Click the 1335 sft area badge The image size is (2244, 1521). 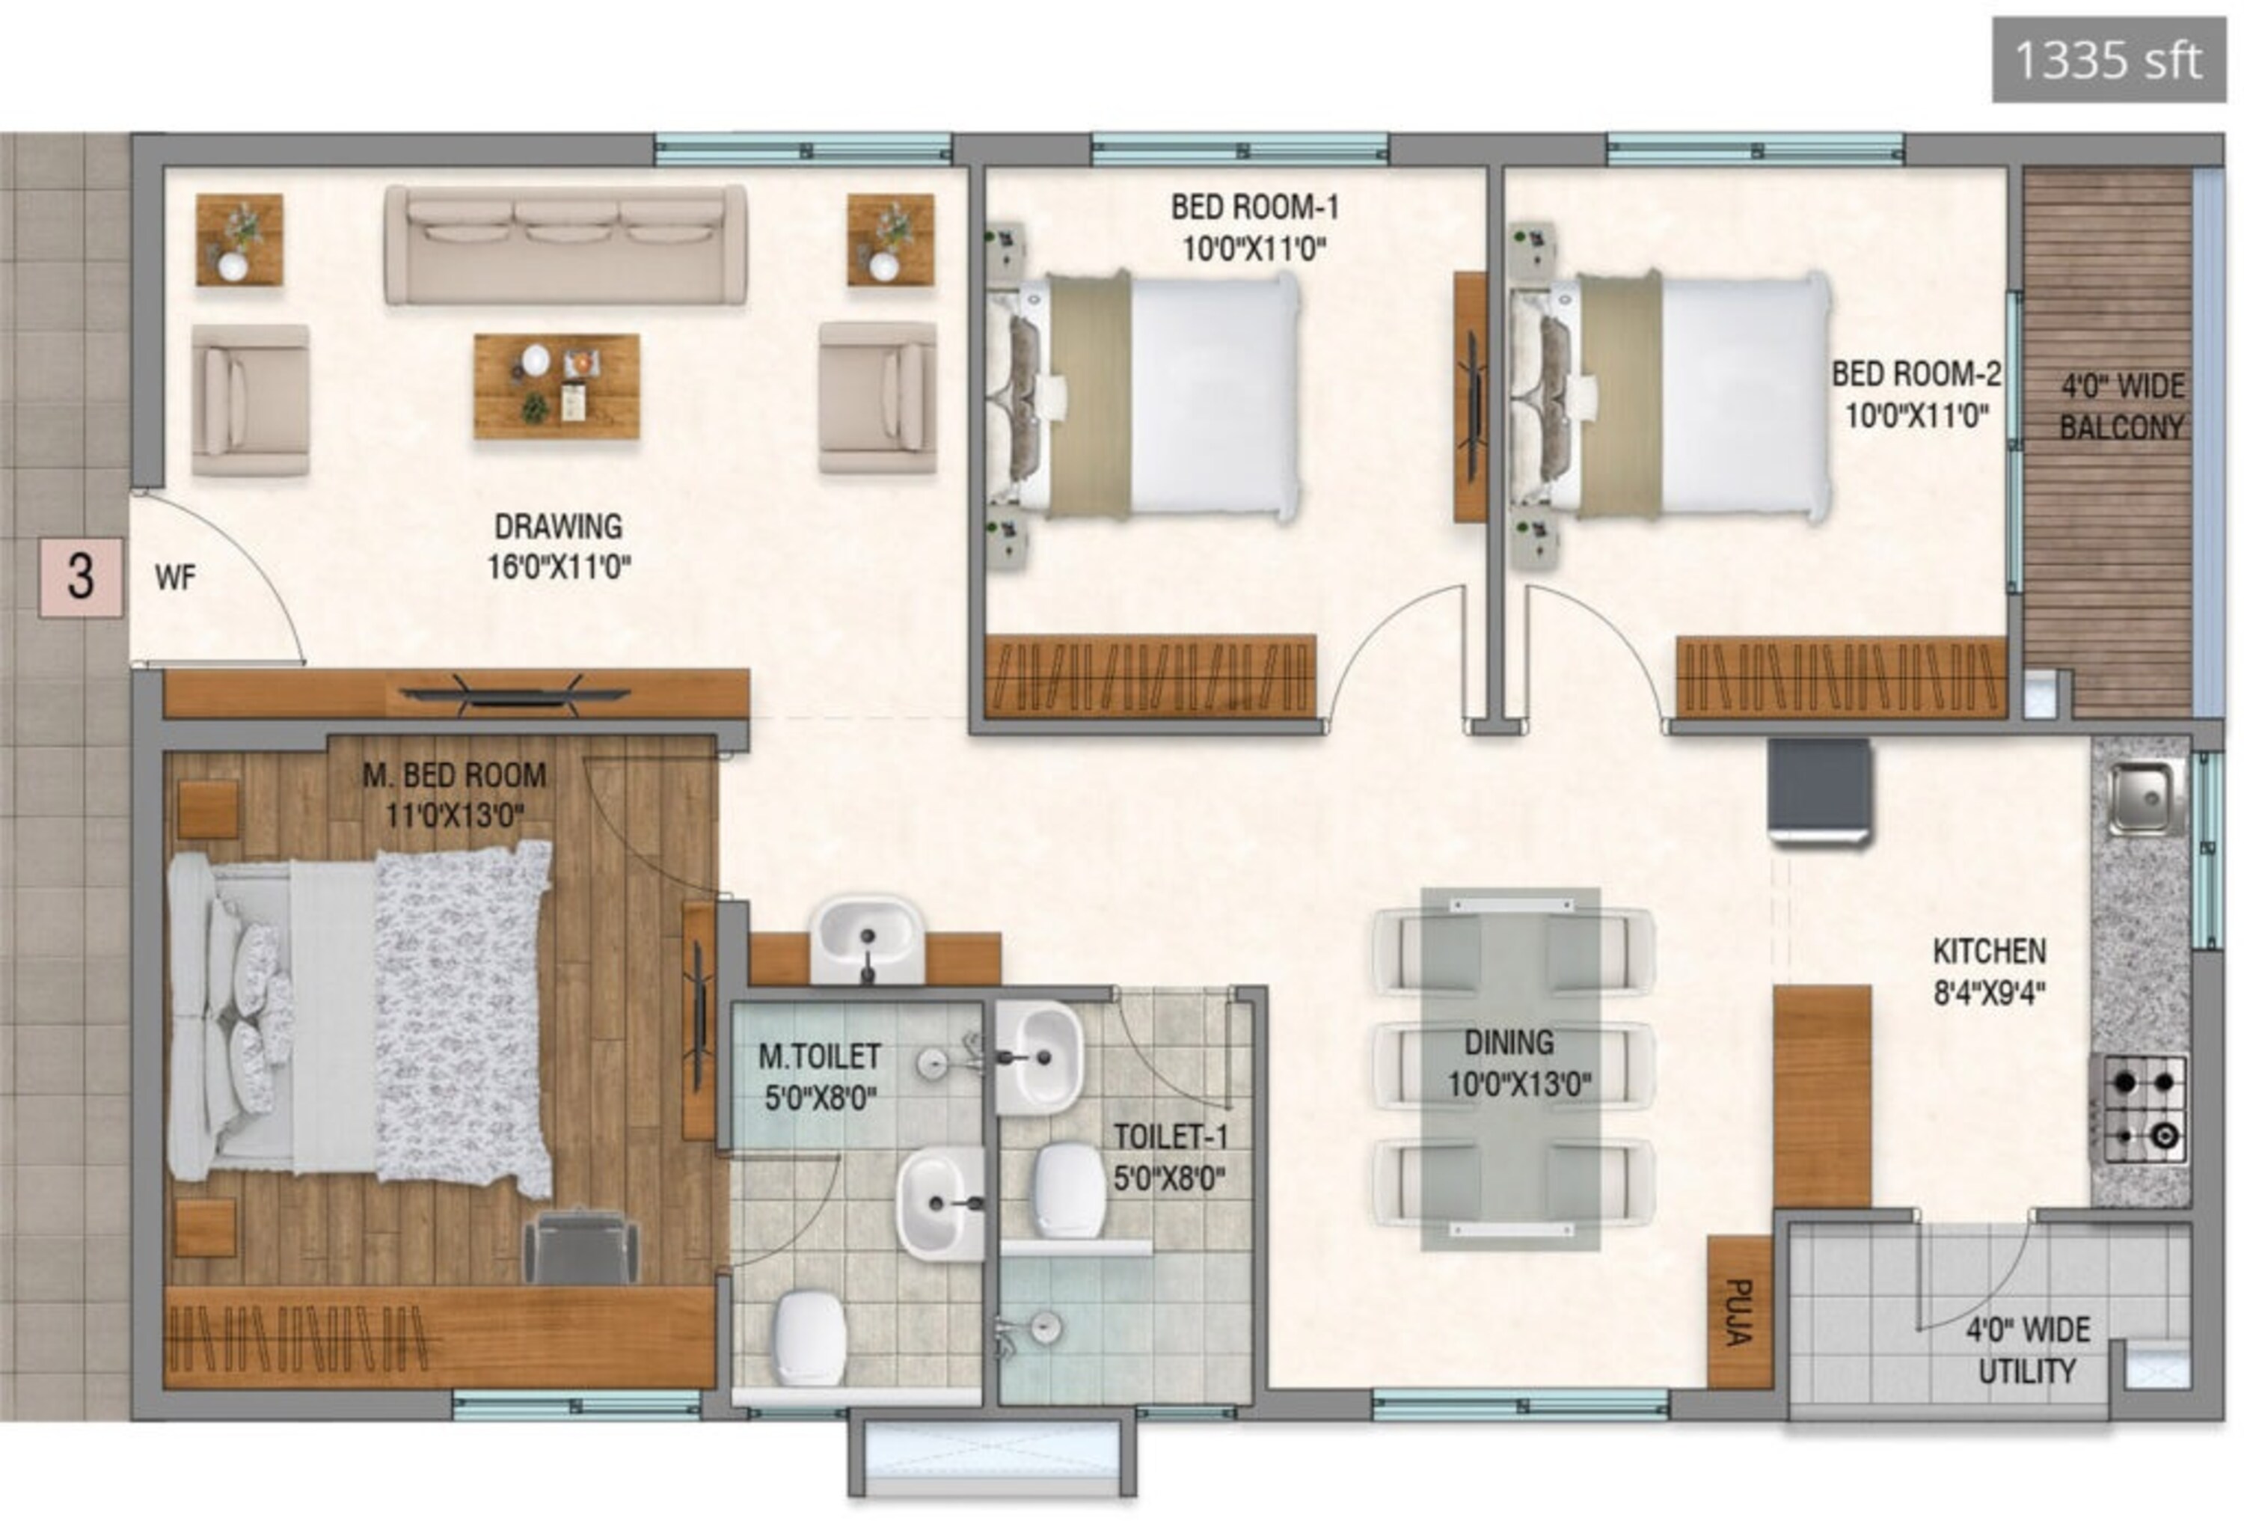click(x=2109, y=60)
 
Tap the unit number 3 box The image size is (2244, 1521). click(x=81, y=578)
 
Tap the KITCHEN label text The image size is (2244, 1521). click(x=1989, y=951)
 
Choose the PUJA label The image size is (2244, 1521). click(x=1739, y=1312)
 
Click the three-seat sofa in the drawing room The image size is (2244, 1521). click(x=565, y=246)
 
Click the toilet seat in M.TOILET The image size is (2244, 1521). click(x=810, y=1338)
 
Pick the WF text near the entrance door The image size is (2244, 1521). click(x=175, y=578)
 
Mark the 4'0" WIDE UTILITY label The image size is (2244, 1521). click(x=2028, y=1350)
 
